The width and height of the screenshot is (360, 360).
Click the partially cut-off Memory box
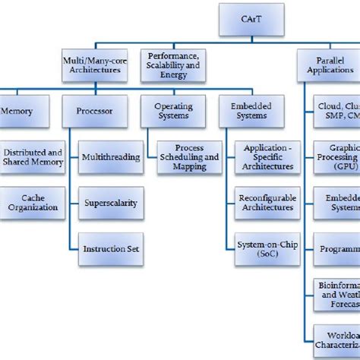click(x=19, y=110)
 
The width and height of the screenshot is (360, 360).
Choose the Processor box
click(x=94, y=110)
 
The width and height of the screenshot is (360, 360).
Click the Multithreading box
click(x=110, y=156)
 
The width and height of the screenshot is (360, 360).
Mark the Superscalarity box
click(x=110, y=202)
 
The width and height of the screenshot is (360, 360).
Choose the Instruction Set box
click(x=110, y=248)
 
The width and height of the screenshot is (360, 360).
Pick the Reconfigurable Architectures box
click(x=264, y=202)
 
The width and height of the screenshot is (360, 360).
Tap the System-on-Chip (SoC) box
click(x=264, y=248)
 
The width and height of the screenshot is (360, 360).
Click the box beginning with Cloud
click(x=336, y=110)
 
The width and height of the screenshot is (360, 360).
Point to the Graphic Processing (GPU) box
click(x=336, y=156)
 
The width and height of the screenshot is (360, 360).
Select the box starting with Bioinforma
click(x=336, y=294)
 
